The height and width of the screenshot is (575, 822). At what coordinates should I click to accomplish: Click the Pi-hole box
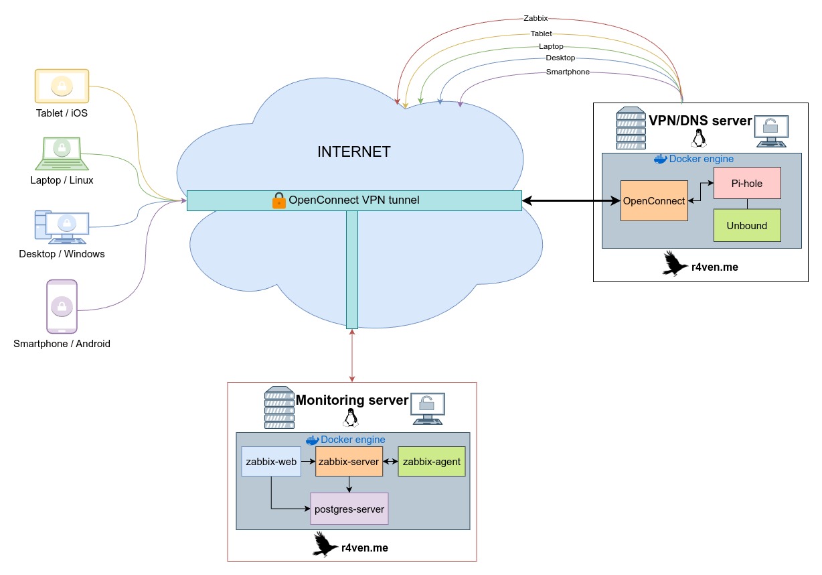[747, 183]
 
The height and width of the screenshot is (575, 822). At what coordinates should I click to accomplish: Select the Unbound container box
[747, 225]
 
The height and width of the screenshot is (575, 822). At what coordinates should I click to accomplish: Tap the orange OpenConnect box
[654, 200]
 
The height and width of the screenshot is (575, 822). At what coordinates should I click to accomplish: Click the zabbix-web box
[271, 462]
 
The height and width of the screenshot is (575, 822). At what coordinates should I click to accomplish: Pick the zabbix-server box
[349, 462]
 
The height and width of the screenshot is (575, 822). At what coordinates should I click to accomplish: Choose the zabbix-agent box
[431, 462]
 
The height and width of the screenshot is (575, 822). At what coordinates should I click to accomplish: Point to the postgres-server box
[349, 509]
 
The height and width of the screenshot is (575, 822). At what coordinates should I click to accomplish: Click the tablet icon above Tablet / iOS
[62, 86]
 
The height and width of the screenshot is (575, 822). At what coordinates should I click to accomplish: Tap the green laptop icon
[62, 153]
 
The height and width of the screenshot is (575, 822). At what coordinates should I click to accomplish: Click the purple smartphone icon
[62, 306]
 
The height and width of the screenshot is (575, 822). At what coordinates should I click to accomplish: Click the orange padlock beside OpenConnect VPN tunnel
[279, 200]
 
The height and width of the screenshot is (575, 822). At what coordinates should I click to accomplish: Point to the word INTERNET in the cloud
[353, 151]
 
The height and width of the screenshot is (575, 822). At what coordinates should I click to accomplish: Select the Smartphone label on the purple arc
[568, 72]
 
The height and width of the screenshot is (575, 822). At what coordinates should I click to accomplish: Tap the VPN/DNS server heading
[700, 121]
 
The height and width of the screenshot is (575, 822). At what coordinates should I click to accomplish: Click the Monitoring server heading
[352, 400]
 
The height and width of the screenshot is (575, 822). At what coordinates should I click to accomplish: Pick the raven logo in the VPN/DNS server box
[675, 264]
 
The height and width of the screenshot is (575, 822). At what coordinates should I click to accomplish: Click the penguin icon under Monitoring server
[349, 418]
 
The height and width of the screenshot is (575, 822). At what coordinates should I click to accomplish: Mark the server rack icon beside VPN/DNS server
[631, 128]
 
